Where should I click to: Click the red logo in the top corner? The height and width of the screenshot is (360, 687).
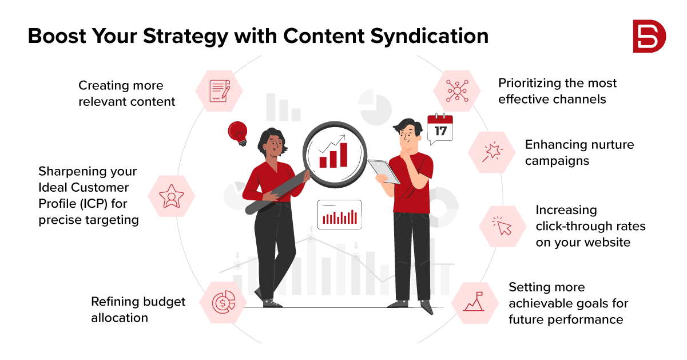tap(649, 36)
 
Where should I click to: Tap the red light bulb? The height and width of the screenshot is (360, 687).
tap(238, 133)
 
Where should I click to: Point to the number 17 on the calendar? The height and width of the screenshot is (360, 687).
tap(440, 131)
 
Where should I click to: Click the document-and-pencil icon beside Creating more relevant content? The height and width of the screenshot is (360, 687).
tap(220, 91)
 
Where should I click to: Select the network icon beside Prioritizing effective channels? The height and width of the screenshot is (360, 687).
tap(457, 91)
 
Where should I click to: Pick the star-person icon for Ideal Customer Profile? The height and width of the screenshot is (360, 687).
tap(172, 196)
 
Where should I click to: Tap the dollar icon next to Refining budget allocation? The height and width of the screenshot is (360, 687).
tap(224, 303)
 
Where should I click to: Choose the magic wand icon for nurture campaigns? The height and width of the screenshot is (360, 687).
tap(491, 152)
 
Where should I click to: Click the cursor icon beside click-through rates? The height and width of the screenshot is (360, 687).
tap(502, 226)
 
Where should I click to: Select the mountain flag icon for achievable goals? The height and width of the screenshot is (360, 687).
tap(474, 302)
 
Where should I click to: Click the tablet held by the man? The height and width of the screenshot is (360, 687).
tap(384, 172)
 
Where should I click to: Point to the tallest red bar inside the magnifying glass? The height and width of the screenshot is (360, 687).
tap(344, 155)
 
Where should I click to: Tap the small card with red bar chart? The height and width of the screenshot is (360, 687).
tap(340, 215)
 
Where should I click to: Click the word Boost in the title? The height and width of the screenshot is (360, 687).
tap(57, 36)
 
